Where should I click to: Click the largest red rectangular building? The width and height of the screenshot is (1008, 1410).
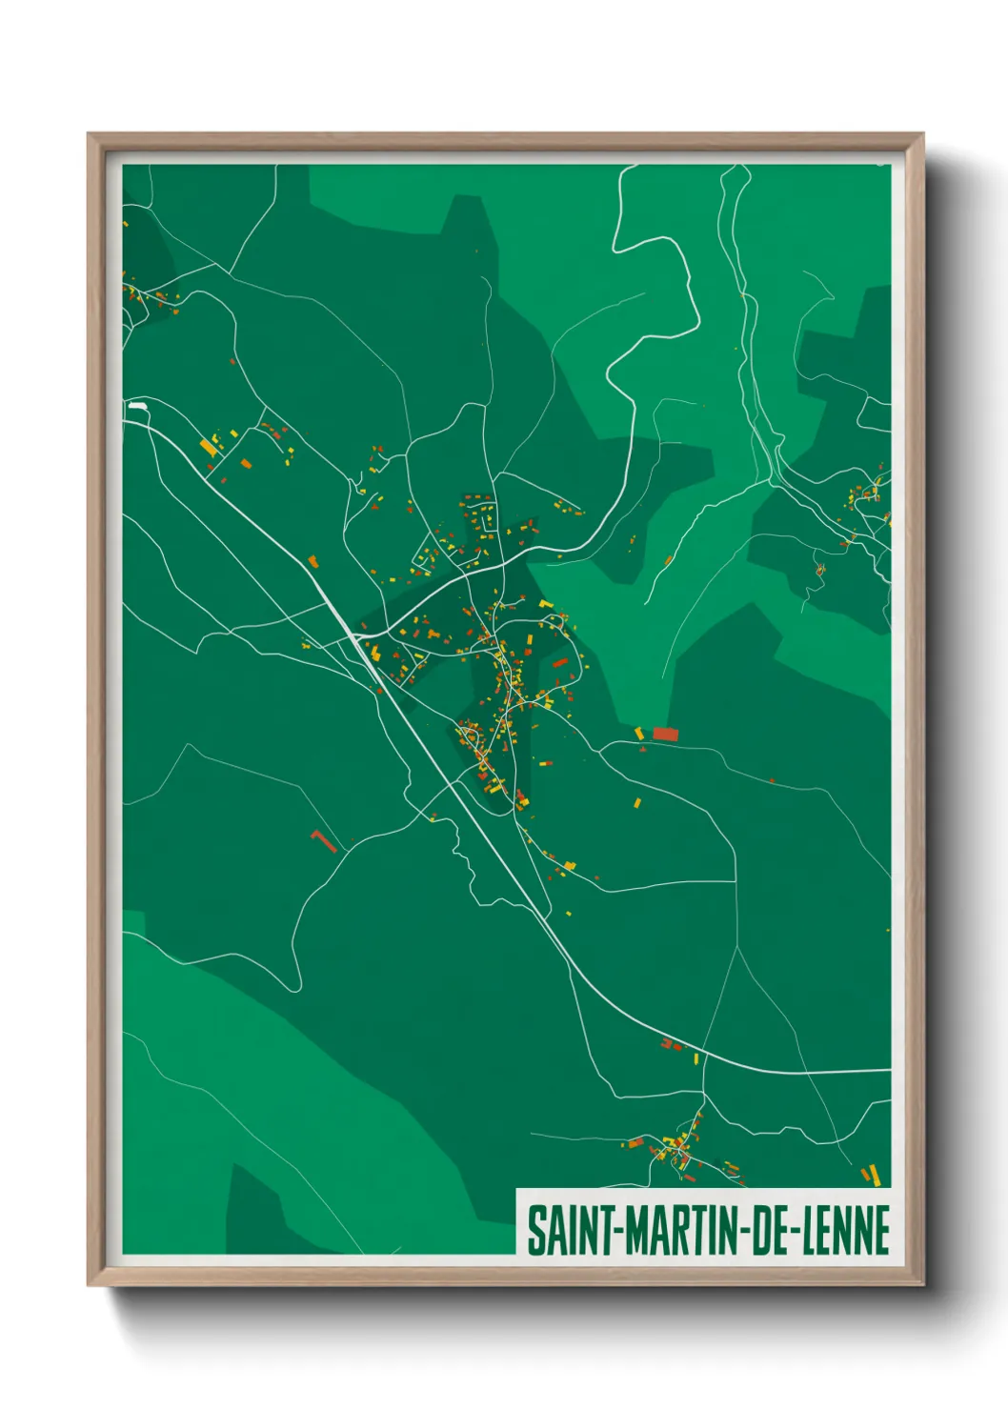click(665, 734)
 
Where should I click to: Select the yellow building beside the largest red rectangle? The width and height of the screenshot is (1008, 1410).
click(639, 732)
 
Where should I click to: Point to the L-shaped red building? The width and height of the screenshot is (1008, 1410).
click(323, 840)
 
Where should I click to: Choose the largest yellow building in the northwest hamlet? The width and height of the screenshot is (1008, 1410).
click(208, 447)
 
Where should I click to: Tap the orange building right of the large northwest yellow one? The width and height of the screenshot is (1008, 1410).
click(247, 464)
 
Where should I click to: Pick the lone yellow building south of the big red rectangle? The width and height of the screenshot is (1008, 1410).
click(637, 802)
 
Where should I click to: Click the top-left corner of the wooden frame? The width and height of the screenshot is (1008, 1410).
click(89, 134)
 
